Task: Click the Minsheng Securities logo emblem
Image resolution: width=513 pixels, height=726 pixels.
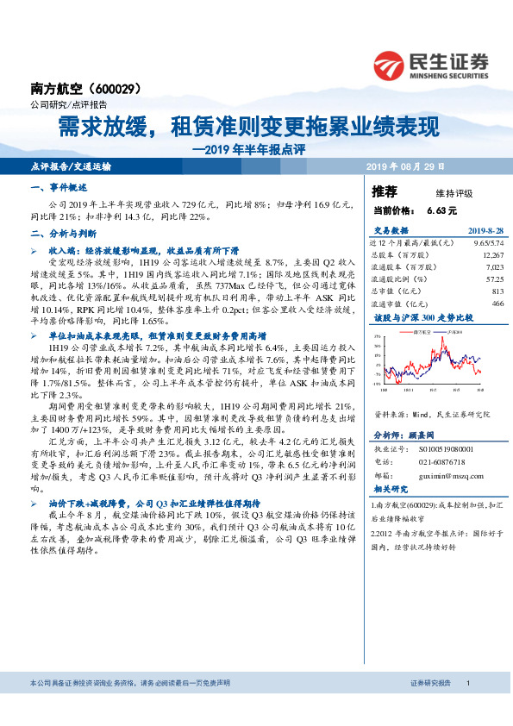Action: (393, 64)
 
